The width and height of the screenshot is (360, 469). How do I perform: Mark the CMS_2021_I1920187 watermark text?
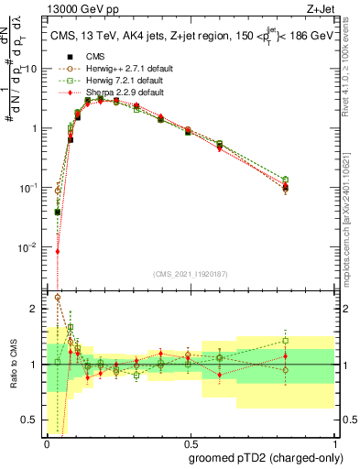[190, 274]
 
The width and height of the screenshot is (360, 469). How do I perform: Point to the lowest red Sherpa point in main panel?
[58, 251]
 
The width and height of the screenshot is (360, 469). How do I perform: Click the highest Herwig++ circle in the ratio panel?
[58, 297]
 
